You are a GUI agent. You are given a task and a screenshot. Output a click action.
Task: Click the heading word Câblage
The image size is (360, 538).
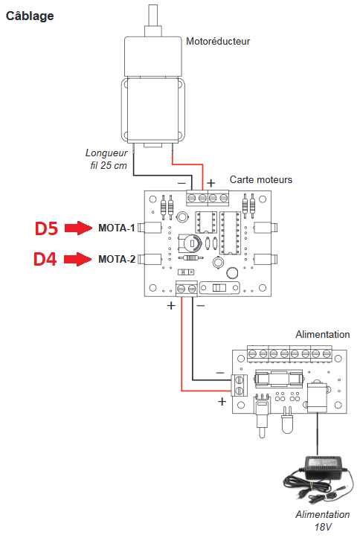pos(30,16)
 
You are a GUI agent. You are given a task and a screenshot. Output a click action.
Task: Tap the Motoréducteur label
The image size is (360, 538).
pos(218,41)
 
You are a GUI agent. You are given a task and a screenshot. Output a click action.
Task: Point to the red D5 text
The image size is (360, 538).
pos(46,228)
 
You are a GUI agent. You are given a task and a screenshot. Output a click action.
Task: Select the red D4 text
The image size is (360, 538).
pos(45,259)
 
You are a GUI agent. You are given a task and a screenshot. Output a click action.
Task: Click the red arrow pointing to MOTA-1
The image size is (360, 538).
pos(78,228)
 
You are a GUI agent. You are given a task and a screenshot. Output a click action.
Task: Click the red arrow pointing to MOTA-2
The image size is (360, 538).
pos(78,259)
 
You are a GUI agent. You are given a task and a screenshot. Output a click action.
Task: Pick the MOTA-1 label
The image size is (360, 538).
pos(117,228)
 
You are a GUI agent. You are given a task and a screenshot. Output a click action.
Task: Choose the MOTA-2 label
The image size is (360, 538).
pos(117,259)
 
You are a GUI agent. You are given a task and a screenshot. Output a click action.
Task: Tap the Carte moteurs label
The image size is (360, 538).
pos(261,179)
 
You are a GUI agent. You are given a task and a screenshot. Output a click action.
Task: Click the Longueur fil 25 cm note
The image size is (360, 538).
pos(106,158)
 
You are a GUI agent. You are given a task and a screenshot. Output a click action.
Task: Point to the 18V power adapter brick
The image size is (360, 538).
pos(323,467)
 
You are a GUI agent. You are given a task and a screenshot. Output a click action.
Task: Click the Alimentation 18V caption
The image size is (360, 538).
pos(323,520)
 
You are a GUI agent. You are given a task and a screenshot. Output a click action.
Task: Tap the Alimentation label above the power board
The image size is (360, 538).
pos(323,334)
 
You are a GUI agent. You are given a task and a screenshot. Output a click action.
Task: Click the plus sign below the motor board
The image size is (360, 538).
pos(171,305)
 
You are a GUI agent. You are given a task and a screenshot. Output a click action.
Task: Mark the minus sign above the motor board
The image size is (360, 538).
pos(181,184)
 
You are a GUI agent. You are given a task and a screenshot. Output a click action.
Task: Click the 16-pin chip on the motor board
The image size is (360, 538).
pos(231,233)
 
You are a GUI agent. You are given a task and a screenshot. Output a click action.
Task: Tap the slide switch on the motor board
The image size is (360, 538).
pos(219,287)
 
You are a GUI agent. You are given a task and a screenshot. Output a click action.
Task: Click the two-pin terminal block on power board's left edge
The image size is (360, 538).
pos(240,385)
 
